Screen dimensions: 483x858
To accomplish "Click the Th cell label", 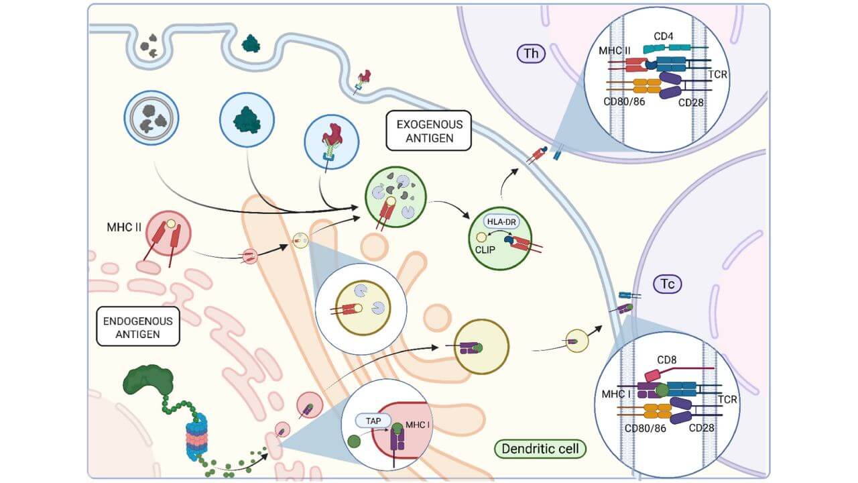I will [x=531, y=54].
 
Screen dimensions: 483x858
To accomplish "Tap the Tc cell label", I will [x=668, y=284].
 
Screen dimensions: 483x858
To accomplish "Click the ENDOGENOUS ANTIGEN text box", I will [x=137, y=327].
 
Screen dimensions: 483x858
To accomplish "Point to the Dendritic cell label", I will [x=540, y=449].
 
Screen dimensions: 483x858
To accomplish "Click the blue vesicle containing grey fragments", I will [x=151, y=119].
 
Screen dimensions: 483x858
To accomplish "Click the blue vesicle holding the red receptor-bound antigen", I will [x=331, y=139].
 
